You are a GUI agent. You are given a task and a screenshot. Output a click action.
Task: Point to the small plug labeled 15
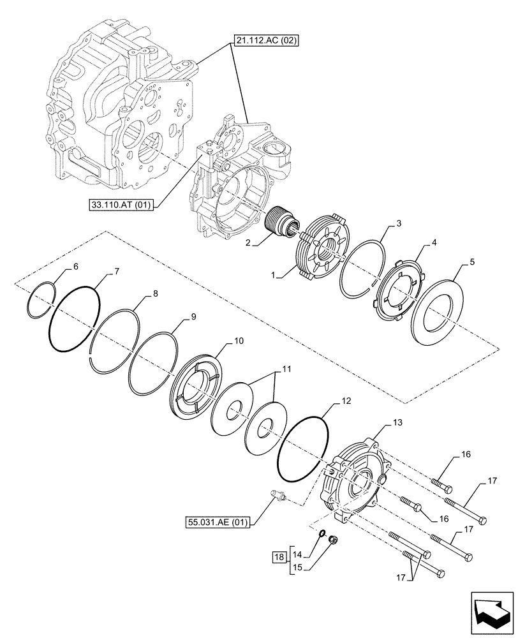[x=332, y=541]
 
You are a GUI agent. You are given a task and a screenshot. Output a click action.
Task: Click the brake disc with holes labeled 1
[x=322, y=249]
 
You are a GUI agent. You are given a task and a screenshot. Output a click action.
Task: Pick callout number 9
[x=193, y=316]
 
